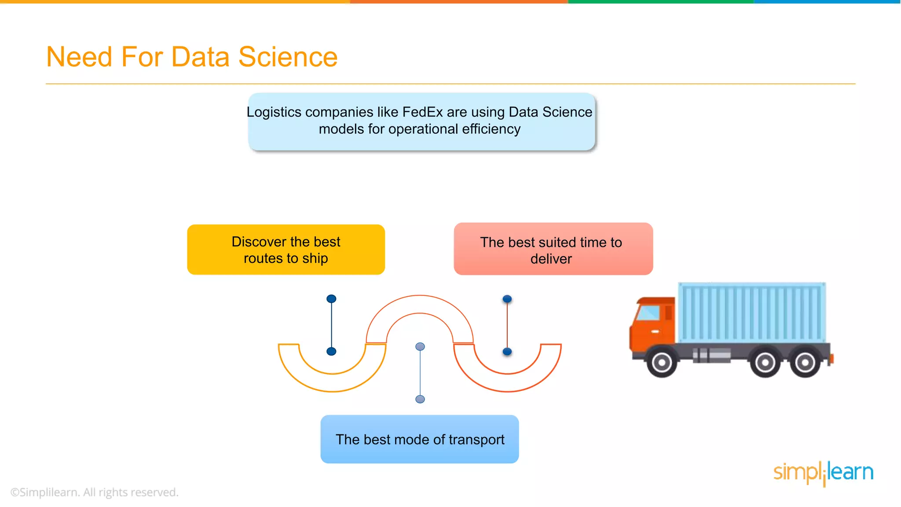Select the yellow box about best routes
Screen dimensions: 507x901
pos(286,250)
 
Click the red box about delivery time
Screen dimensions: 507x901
pos(553,249)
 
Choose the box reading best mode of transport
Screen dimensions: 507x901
pos(420,439)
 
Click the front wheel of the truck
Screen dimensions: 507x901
pos(661,363)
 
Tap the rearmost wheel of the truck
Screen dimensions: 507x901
pos(805,363)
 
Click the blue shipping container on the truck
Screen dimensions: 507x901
pos(751,312)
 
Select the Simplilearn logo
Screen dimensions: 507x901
pos(823,473)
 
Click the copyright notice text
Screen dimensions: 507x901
pos(95,492)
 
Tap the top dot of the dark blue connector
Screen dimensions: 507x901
pos(331,299)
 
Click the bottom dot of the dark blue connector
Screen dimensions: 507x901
pos(331,351)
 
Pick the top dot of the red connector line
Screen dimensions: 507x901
pos(507,299)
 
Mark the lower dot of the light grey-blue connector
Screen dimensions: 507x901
pos(420,399)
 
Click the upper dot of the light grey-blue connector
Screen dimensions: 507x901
pos(420,347)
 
